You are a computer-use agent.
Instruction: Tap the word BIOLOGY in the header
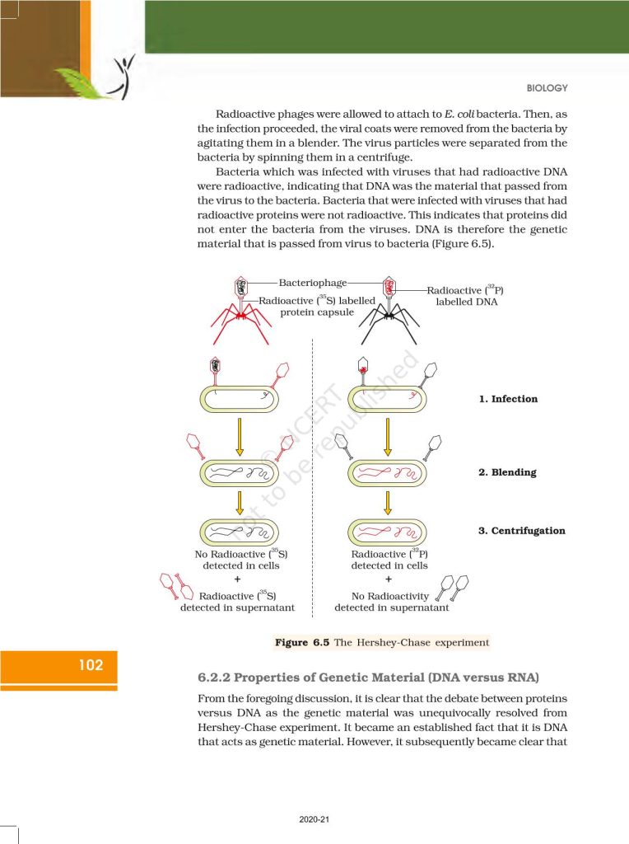coord(546,88)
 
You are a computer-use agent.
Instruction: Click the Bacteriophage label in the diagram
coord(312,283)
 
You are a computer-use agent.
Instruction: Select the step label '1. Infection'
coord(508,399)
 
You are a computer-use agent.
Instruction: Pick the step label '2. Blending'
coord(507,472)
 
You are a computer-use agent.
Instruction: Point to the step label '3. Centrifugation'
coord(522,531)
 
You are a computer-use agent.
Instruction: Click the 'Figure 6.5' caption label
coord(302,642)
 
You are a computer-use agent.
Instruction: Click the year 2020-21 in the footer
coord(314,819)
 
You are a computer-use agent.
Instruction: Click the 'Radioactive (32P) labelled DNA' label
coord(465,296)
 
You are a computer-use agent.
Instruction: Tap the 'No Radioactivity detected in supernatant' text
coord(392,602)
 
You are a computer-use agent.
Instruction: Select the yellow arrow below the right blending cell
coord(388,502)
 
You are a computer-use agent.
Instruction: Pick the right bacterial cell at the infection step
coord(389,399)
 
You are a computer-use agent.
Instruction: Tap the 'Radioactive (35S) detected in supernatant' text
coord(237,602)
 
